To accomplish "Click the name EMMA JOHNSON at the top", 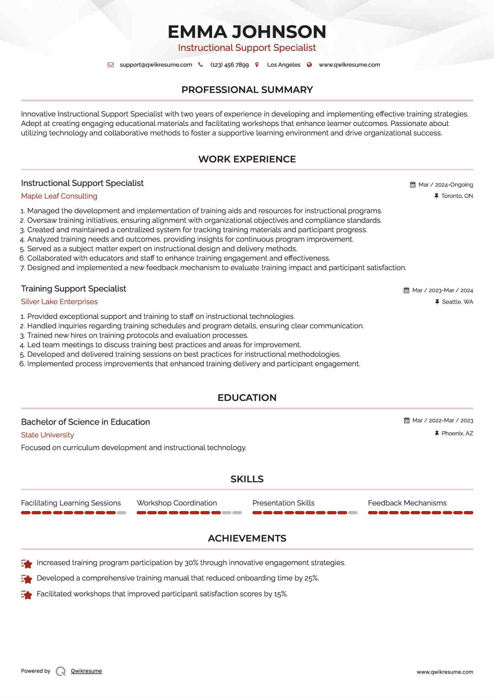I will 247,32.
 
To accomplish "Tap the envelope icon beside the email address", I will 111,65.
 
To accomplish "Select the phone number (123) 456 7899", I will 229,65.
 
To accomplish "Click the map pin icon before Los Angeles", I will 257,65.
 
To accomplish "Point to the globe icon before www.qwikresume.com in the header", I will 309,65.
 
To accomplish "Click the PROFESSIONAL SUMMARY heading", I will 247,90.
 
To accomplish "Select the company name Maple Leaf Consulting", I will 59,196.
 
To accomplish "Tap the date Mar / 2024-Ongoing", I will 446,185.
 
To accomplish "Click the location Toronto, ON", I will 457,196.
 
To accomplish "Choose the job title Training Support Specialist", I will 73,289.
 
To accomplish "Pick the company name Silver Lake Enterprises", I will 59,302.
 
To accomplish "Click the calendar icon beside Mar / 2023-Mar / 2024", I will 407,290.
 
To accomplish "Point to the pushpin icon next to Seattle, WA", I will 437,302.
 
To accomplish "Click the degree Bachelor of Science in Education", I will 85,422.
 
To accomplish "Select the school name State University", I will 47,435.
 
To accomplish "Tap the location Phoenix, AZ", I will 457,434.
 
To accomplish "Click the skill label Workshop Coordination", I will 177,503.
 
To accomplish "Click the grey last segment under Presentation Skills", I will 353,513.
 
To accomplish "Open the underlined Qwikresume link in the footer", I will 86,671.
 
